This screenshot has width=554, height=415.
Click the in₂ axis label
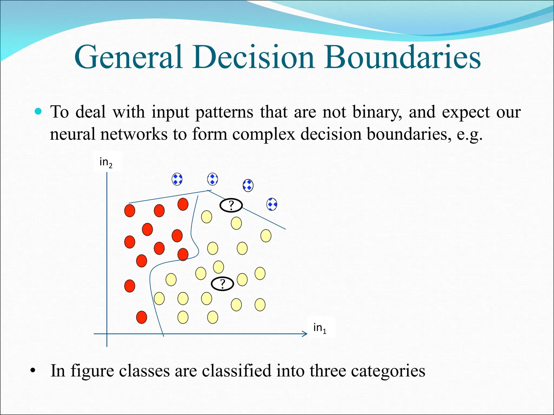pos(106,162)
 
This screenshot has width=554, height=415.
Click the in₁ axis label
pos(320,328)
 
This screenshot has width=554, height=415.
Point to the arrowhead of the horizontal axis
pos(305,334)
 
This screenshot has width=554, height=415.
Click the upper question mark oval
pos(231,205)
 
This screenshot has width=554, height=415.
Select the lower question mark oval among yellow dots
pos(222,284)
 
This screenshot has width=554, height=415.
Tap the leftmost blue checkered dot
pos(177,179)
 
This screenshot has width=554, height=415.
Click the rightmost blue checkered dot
pos(272,204)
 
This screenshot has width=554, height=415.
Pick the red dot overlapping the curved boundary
pos(183,254)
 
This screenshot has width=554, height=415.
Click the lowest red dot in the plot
pos(141,317)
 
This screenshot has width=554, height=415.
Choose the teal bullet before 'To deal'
pos(38,111)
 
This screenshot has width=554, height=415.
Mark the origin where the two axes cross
pos(107,334)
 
